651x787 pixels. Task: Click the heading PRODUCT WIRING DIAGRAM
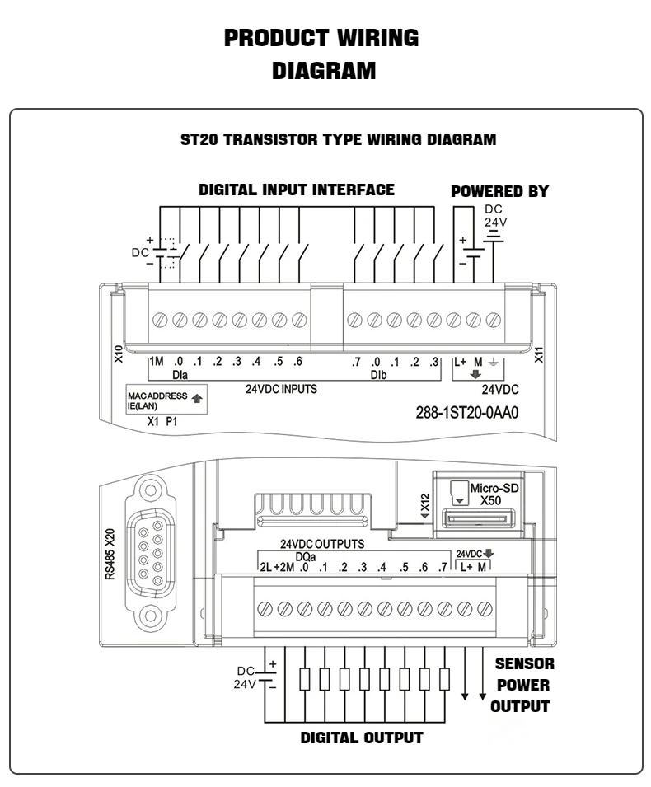(321, 54)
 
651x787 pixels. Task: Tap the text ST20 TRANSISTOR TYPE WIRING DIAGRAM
(338, 139)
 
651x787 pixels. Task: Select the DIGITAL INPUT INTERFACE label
(297, 190)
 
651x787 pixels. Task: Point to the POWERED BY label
(499, 192)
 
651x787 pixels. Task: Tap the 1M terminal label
(157, 362)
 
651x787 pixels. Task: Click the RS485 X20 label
(110, 550)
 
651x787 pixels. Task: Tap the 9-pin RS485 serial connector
(149, 551)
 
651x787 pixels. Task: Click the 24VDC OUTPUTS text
(322, 545)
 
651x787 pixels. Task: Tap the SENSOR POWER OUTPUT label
(522, 685)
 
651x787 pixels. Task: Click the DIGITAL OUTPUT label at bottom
(361, 738)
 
